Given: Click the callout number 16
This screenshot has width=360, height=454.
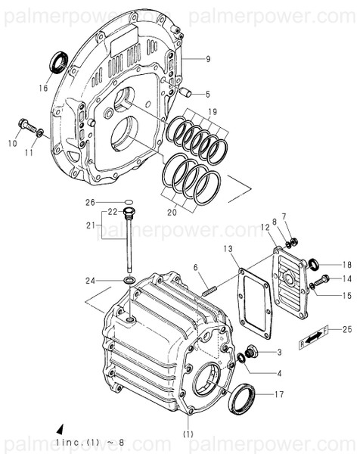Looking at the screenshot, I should (x=42, y=89).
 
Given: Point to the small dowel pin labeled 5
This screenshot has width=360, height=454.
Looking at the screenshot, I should (x=184, y=94).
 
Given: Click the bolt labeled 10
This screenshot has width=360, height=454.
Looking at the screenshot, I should (x=24, y=122).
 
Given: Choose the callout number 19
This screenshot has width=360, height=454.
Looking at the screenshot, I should (x=213, y=112).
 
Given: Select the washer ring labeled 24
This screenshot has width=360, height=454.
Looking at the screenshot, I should (x=129, y=281).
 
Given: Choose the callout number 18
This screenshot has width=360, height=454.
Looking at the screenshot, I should (x=347, y=264).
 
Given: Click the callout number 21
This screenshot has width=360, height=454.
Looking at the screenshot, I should (x=89, y=225).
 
